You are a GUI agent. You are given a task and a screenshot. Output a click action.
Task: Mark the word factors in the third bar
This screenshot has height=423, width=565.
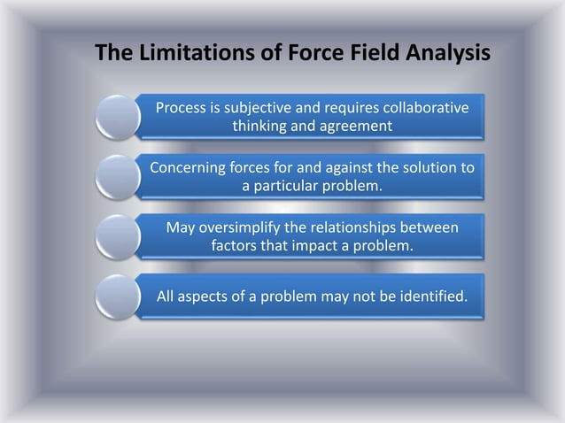235,246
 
